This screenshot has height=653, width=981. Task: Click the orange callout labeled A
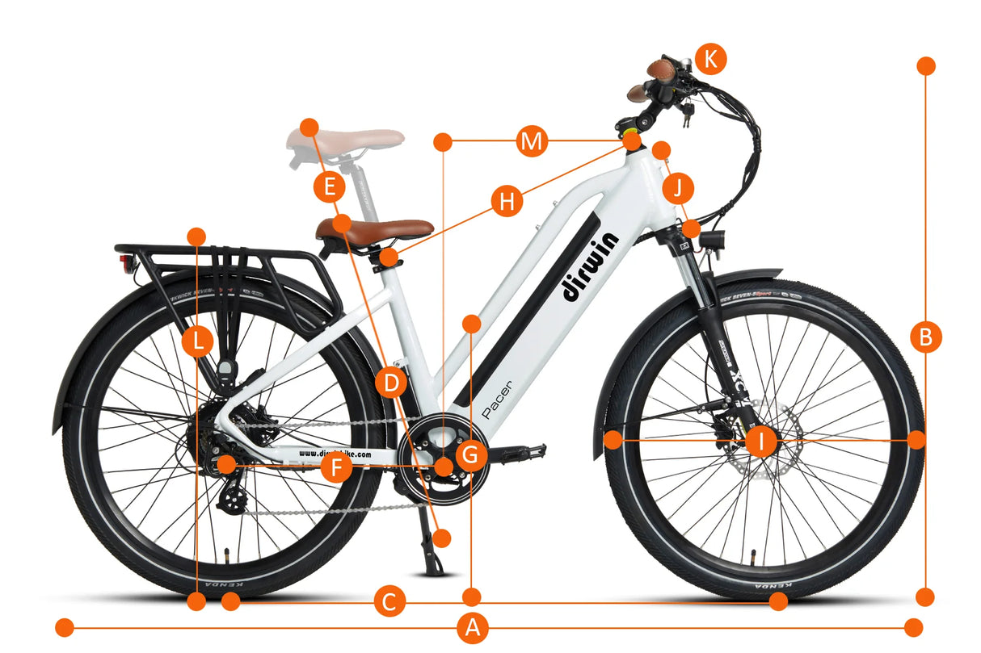pos(473,628)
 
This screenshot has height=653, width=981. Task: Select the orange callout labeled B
pos(926,336)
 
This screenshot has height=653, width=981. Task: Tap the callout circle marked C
pos(389,601)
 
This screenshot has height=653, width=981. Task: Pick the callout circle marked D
pos(391,383)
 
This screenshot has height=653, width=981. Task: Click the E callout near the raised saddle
pos(329,188)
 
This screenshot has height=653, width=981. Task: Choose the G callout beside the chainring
pos(471,456)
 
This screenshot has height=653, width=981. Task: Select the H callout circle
pos(507,201)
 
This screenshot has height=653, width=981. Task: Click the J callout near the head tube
pos(679,188)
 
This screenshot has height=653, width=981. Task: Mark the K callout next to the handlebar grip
pos(710,59)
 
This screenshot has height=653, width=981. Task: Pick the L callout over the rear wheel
pos(197,341)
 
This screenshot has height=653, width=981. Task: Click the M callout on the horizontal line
pos(531,143)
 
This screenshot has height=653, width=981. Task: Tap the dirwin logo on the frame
pos(590,266)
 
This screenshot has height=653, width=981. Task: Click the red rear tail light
pos(124,265)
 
